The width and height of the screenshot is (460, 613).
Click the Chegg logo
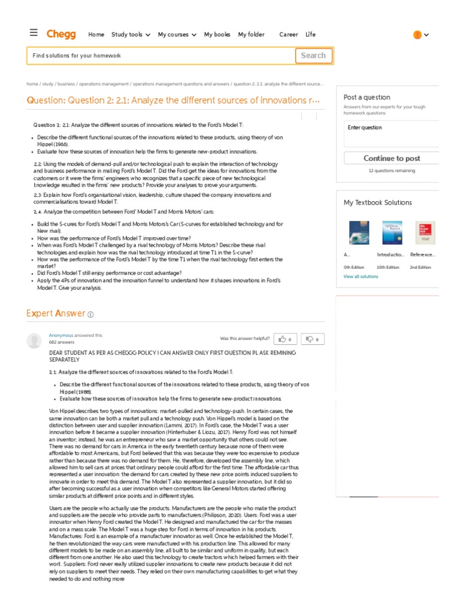[x=61, y=34]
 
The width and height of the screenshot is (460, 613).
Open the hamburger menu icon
[x=34, y=33]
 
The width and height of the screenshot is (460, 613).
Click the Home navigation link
[x=96, y=35]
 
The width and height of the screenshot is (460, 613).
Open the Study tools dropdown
[x=131, y=35]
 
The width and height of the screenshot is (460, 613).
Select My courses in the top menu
[x=177, y=35]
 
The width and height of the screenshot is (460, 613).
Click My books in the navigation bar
[x=217, y=35]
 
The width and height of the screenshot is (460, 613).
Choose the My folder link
[x=251, y=35]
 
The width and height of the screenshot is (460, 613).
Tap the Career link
[x=288, y=35]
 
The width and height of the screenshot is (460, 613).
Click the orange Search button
[x=313, y=56]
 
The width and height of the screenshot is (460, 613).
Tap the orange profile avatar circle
[x=417, y=35]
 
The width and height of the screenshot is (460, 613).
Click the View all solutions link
[x=361, y=277]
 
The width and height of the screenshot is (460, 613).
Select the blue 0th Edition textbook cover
[x=359, y=233]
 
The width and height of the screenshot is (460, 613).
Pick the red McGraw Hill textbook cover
[x=425, y=233]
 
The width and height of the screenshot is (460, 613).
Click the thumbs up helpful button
[x=285, y=339]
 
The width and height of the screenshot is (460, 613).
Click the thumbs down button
[x=312, y=339]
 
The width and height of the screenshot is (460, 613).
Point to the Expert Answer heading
[x=56, y=314]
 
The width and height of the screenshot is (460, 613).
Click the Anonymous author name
[x=60, y=335]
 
